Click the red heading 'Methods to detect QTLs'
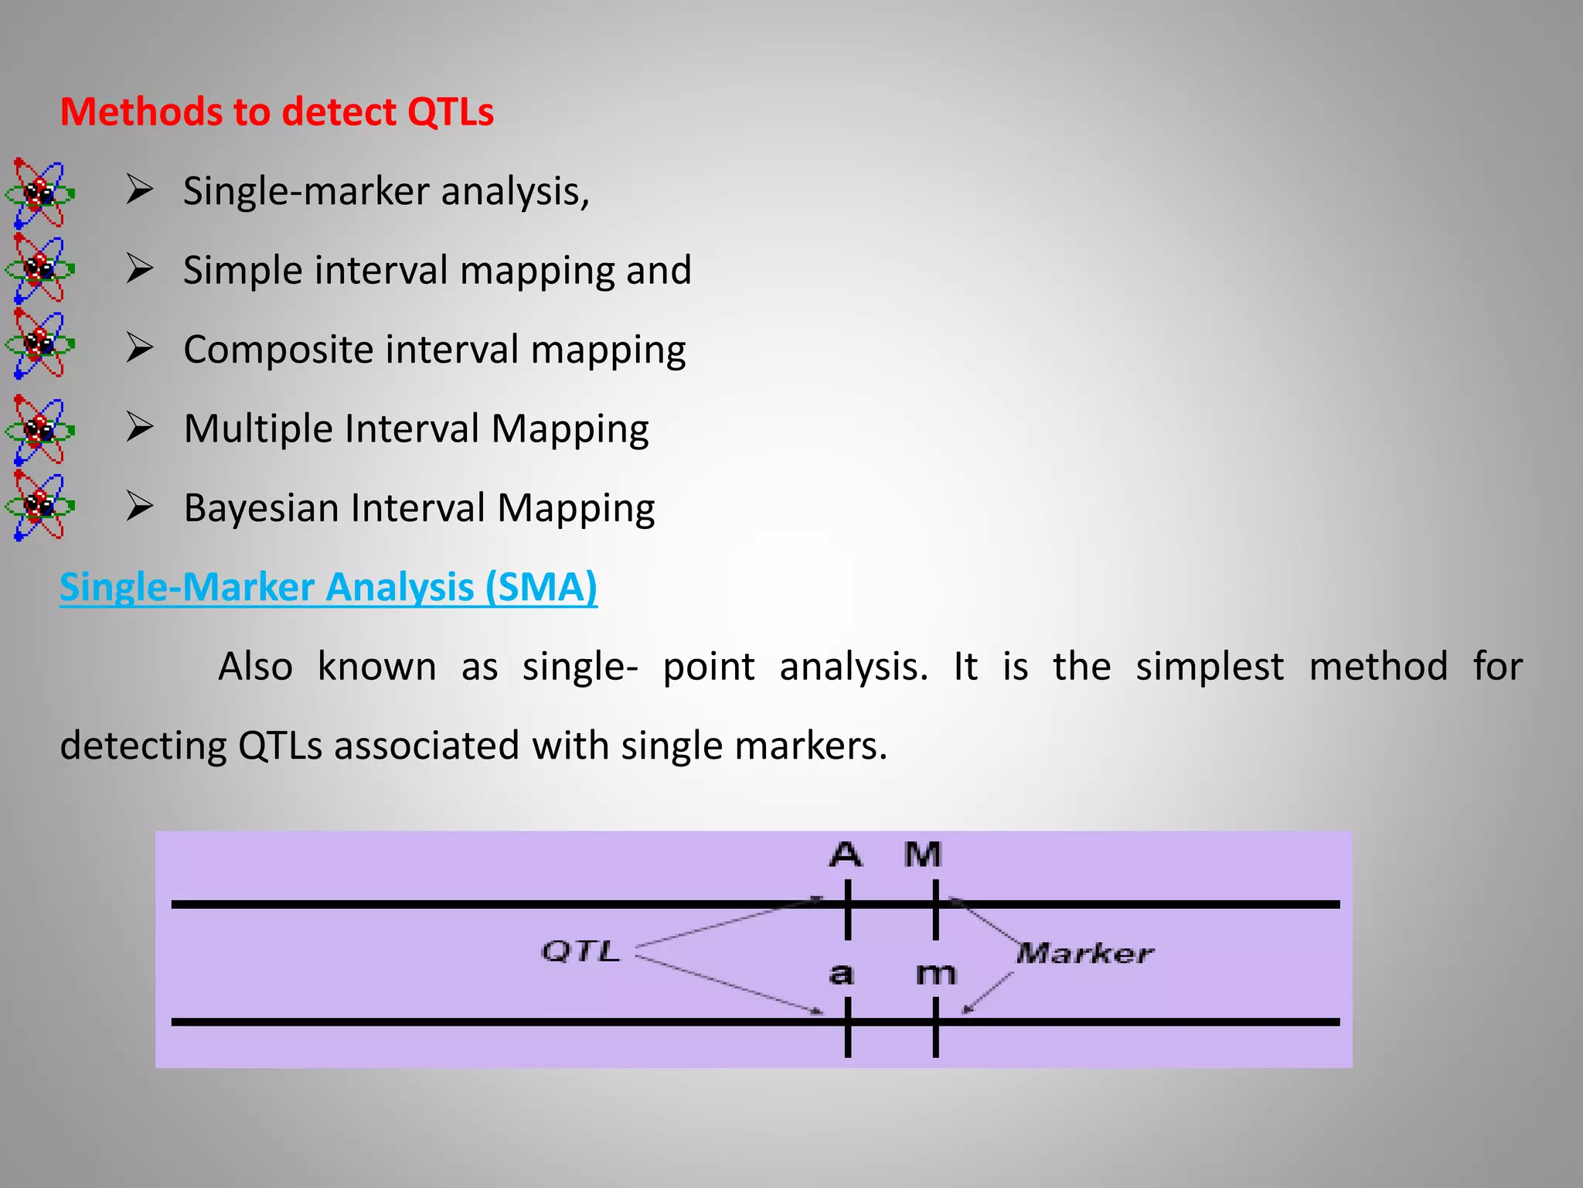click(x=277, y=112)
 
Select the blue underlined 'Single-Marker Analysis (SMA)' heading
click(x=329, y=587)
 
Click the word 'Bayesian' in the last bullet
click(x=260, y=508)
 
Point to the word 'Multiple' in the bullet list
click(x=257, y=428)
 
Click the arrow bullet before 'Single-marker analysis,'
click(x=140, y=189)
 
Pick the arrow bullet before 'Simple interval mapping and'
click(x=140, y=269)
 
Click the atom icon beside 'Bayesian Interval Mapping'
click(x=39, y=506)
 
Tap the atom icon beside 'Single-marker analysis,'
click(x=39, y=193)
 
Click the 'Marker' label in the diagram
click(x=1084, y=953)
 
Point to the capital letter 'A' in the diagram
click(x=846, y=855)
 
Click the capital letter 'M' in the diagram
click(x=924, y=855)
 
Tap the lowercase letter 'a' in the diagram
click(x=842, y=974)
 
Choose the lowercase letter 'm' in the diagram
click(x=936, y=974)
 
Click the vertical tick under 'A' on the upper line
click(x=848, y=910)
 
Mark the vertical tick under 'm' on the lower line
click(x=936, y=1027)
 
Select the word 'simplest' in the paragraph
click(x=1209, y=667)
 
